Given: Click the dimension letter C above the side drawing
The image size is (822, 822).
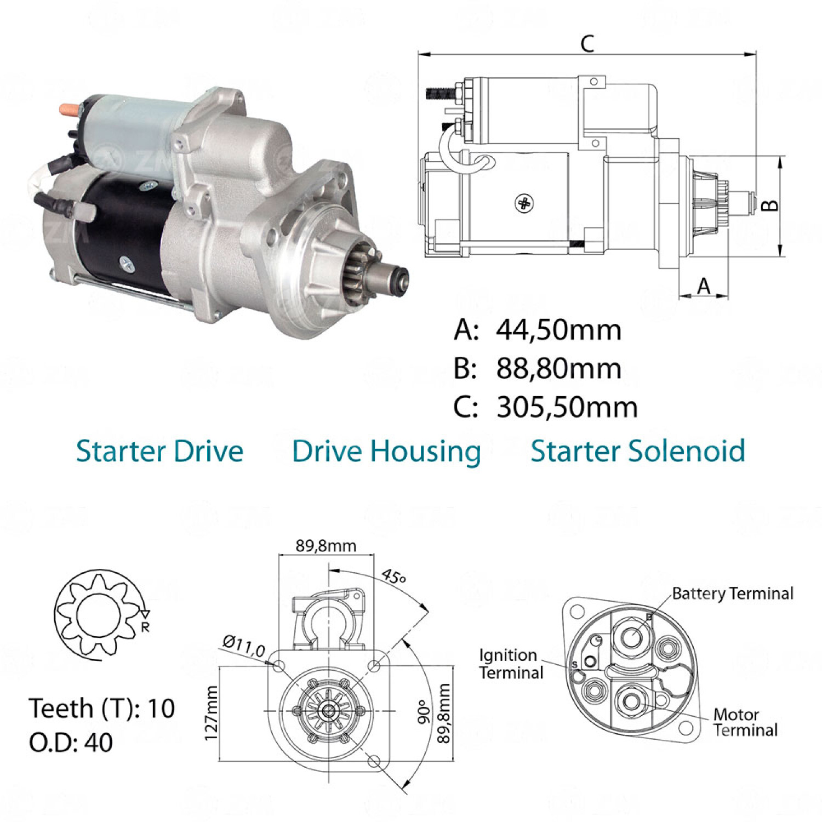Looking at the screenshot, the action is pos(587,43).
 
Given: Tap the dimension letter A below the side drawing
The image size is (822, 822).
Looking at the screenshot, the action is pos(704,286).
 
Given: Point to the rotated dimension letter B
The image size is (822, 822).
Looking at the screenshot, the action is pos(770,206).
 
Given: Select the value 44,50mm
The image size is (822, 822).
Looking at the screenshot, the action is pos(559,330).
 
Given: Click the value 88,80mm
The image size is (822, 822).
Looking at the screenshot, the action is pos(559,369).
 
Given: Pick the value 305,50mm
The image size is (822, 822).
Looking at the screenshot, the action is pos(567,408).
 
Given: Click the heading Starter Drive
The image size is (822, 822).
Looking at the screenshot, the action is pos(159,452).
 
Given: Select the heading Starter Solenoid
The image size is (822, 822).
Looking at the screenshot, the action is pos(638,452).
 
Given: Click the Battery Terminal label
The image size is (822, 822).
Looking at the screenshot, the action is pos(733,593).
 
